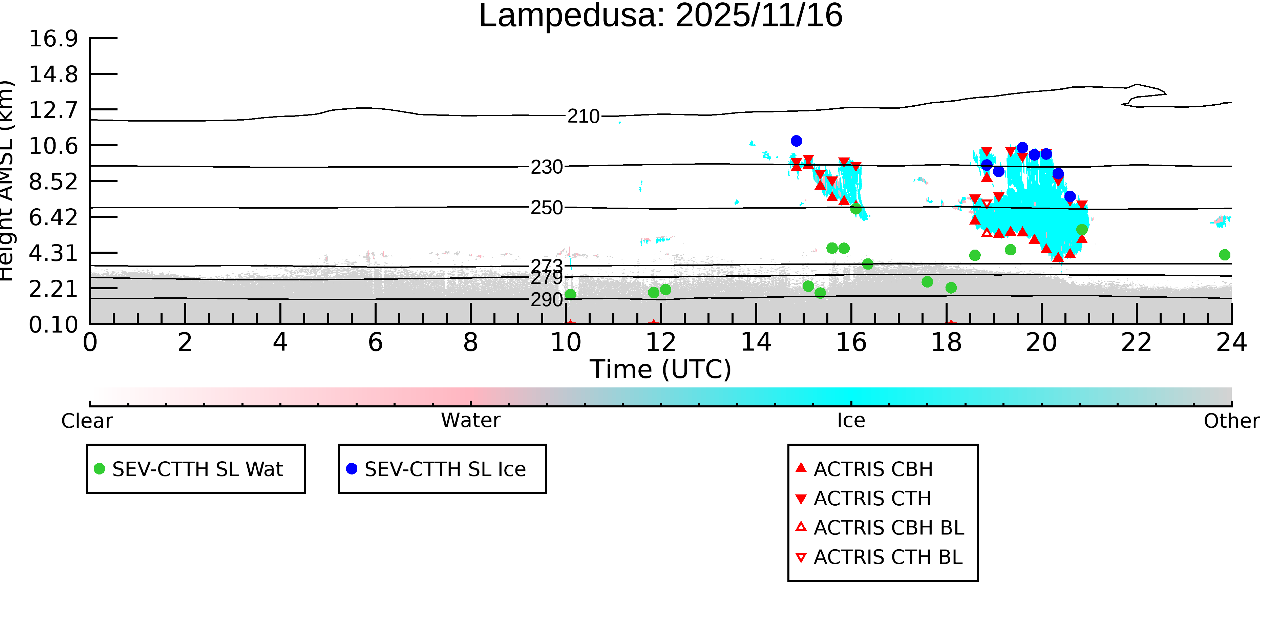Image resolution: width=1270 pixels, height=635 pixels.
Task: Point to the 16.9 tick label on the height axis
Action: coord(53,39)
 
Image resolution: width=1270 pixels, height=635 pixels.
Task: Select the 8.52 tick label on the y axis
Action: coord(53,182)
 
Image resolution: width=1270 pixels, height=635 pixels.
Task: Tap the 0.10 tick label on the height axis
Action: coord(53,325)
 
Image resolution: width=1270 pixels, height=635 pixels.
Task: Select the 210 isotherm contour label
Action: coord(583,117)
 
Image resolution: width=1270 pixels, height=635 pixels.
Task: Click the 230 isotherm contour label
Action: coord(546,167)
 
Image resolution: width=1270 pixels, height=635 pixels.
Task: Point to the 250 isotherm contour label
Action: coord(546,208)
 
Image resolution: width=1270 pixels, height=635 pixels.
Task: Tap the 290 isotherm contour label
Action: coord(546,300)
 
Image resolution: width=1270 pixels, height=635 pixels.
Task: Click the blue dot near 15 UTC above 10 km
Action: coord(796,141)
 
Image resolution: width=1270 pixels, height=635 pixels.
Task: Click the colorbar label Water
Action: coord(470,421)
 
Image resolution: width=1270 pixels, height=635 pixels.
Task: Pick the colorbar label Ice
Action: coord(851,421)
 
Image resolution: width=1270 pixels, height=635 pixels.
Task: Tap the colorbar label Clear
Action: coord(87,421)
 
